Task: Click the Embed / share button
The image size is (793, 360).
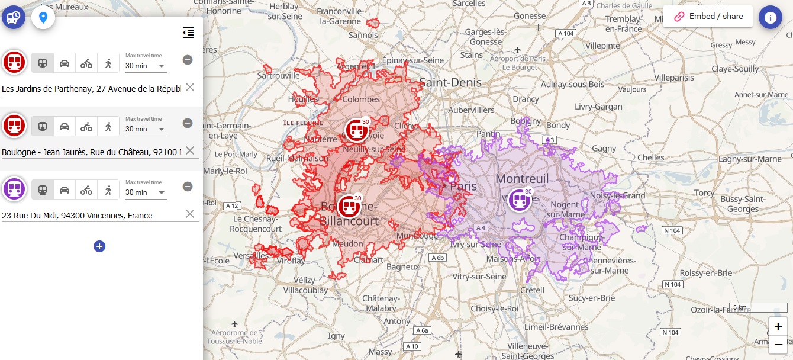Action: (708, 17)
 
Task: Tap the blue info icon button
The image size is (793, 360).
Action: (770, 17)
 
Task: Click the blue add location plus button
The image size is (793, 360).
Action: (99, 246)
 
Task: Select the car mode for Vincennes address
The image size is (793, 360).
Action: (65, 189)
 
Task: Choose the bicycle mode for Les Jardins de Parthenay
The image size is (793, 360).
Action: (86, 63)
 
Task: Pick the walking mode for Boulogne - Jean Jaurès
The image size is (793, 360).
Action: (108, 126)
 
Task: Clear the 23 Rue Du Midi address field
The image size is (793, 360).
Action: (190, 214)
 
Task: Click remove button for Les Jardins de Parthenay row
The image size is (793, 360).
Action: (188, 60)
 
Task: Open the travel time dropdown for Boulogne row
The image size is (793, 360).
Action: (146, 129)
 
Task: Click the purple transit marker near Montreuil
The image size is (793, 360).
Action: (520, 200)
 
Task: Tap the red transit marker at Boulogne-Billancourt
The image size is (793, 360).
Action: (349, 207)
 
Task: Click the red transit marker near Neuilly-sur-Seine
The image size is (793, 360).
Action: (357, 130)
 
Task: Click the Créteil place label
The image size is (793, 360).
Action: (532, 290)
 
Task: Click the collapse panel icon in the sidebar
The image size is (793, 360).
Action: (188, 33)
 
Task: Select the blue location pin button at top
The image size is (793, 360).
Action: (43, 17)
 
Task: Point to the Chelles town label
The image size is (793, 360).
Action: (650, 157)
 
